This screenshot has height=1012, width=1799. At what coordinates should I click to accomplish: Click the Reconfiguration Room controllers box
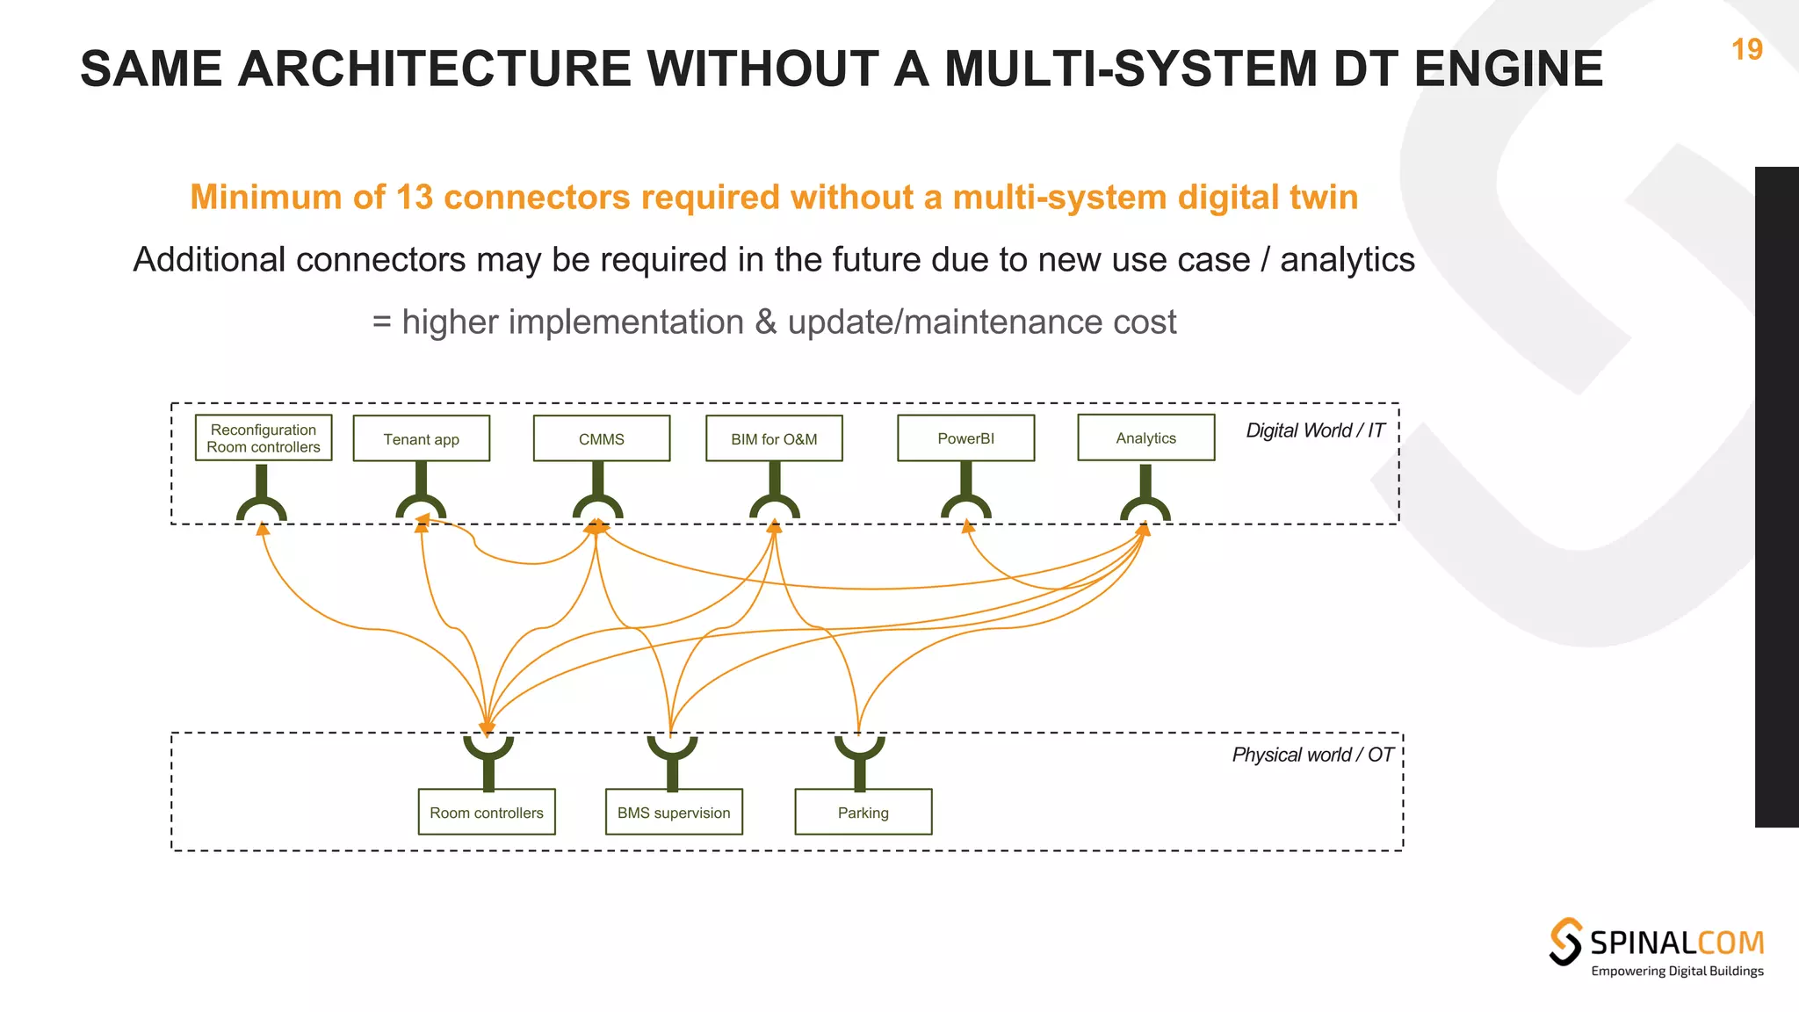pyautogui.click(x=264, y=438)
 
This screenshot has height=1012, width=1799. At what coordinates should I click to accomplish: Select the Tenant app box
pyautogui.click(x=422, y=438)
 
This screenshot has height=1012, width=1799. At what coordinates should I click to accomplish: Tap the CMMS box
pyautogui.click(x=602, y=438)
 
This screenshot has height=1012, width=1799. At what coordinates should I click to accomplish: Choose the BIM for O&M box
pyautogui.click(x=774, y=438)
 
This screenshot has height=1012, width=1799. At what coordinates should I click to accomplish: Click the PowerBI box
pyautogui.click(x=965, y=438)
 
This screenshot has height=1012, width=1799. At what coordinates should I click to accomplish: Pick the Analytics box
pyautogui.click(x=1145, y=437)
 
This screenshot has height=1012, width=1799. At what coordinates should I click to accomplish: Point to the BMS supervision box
pyautogui.click(x=674, y=812)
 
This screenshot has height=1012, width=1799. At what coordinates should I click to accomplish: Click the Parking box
pyautogui.click(x=863, y=812)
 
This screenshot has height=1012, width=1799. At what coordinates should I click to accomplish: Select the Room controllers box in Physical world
pyautogui.click(x=487, y=812)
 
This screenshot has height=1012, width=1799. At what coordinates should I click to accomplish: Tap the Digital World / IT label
pyautogui.click(x=1315, y=430)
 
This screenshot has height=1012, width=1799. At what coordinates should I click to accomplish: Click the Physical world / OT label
pyautogui.click(x=1312, y=755)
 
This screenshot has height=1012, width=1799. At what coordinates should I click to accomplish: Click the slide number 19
pyautogui.click(x=1746, y=49)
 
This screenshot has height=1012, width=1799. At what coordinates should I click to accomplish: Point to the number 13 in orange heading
pyautogui.click(x=415, y=197)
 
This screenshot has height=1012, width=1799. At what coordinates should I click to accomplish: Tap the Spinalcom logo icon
pyautogui.click(x=1565, y=942)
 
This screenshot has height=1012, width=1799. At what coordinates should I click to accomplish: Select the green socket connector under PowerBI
pyautogui.click(x=965, y=504)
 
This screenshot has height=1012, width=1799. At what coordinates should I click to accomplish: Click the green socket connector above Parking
pyautogui.click(x=859, y=749)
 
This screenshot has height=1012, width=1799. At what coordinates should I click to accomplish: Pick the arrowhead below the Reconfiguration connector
pyautogui.click(x=262, y=529)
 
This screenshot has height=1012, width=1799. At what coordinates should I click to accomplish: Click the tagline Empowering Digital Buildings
pyautogui.click(x=1677, y=971)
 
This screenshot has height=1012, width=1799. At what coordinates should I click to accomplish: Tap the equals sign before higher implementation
pyautogui.click(x=381, y=322)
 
